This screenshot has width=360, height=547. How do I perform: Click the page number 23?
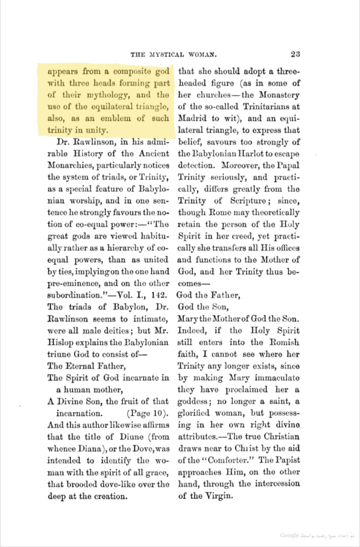pos(295,54)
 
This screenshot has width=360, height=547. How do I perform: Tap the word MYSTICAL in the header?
pos(167,55)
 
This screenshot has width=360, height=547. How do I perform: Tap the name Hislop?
pos(59,341)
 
